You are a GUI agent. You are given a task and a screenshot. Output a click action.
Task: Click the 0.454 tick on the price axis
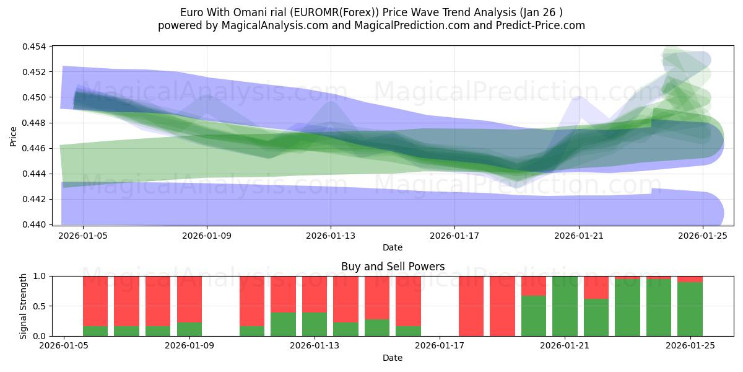coord(37,46)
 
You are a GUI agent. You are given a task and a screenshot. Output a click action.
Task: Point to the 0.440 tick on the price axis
coord(37,224)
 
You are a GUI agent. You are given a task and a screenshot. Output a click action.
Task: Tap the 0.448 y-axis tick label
coord(37,123)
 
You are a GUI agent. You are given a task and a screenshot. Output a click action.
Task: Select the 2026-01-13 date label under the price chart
coord(331,236)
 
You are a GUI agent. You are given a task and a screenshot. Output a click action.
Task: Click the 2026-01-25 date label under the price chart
coord(703,236)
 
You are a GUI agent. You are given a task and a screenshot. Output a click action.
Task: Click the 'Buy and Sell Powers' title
coord(393,267)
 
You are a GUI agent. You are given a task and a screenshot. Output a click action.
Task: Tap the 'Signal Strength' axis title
coord(23,306)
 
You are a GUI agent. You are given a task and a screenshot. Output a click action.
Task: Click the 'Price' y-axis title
coord(14,135)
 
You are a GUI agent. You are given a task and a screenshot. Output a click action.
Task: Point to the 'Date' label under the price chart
coord(393,247)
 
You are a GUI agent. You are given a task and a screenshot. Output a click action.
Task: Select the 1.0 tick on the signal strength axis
coord(41,276)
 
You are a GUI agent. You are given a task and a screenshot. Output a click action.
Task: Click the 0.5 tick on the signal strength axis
coord(41,306)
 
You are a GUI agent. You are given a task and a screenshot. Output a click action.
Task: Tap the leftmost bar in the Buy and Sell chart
coord(95,306)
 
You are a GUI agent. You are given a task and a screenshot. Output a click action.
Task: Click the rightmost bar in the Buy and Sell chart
coord(690,306)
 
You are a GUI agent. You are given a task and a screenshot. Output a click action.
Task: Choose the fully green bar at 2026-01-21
coord(565,306)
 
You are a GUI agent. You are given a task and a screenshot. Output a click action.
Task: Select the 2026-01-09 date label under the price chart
coord(207,236)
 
